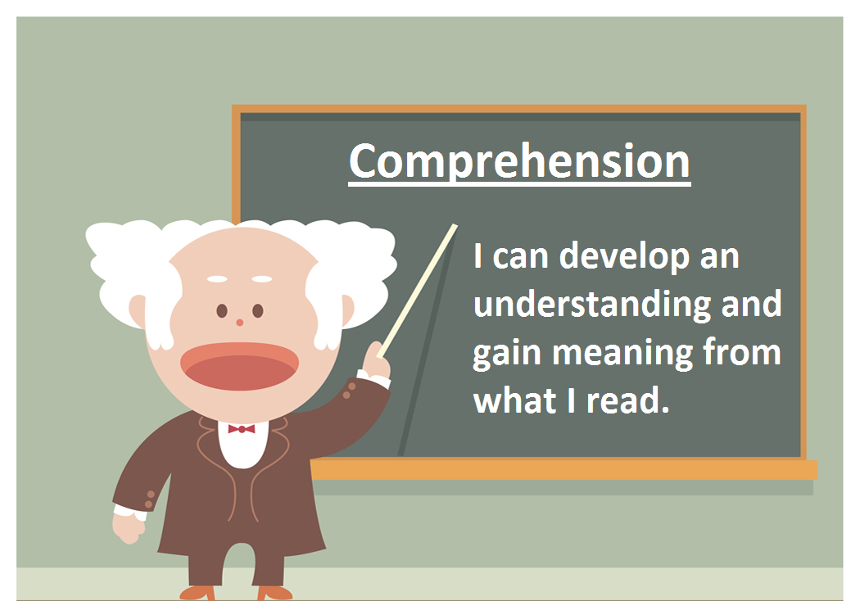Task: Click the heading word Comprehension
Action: tap(519, 161)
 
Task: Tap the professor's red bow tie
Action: tap(241, 429)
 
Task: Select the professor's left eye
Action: tap(221, 311)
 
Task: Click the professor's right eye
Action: tap(258, 311)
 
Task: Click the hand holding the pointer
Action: tap(377, 360)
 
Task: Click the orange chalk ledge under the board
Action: tap(565, 469)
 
